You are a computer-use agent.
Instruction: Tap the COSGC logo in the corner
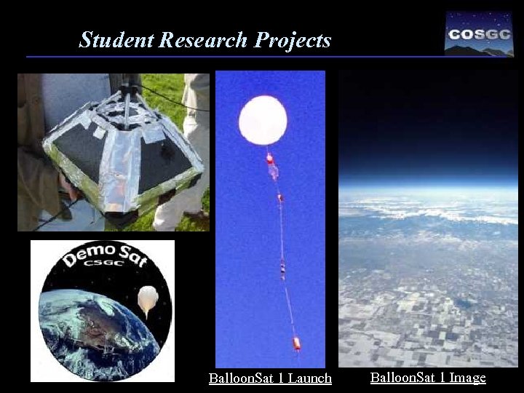coord(478,33)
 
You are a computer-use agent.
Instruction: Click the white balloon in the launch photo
coord(263,119)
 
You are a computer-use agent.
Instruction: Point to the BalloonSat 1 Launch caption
coord(270,378)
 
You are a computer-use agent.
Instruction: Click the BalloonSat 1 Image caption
coord(428,377)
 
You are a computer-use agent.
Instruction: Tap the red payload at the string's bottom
coord(296,343)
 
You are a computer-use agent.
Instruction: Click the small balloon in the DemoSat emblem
coord(148,298)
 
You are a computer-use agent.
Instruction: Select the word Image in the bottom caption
coord(467,377)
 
